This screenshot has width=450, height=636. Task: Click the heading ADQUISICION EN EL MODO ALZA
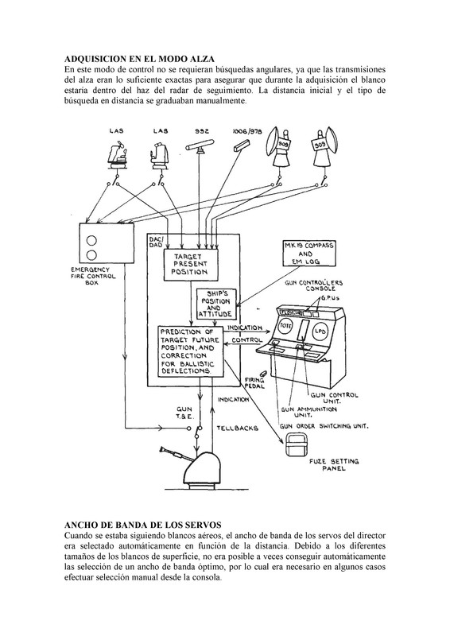click(140, 59)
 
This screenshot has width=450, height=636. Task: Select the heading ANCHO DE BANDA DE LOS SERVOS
click(142, 525)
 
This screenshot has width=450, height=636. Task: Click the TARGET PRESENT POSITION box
click(191, 265)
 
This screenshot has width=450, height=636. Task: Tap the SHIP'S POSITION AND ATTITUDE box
click(215, 304)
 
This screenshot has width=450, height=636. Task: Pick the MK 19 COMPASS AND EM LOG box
click(308, 254)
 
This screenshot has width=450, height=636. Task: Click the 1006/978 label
click(246, 131)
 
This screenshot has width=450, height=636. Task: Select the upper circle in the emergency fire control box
click(92, 241)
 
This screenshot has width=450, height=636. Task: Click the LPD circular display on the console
click(320, 332)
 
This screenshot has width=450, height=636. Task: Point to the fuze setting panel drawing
click(297, 444)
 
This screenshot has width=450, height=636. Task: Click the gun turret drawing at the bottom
click(192, 467)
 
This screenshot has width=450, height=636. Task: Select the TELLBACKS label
click(237, 428)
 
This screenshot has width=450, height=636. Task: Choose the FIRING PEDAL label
click(254, 383)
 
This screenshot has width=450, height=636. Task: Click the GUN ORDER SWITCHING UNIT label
click(324, 426)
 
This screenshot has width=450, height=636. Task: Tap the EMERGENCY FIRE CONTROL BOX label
click(93, 276)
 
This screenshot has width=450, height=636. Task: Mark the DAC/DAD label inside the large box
click(156, 242)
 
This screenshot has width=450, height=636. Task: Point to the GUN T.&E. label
click(184, 413)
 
